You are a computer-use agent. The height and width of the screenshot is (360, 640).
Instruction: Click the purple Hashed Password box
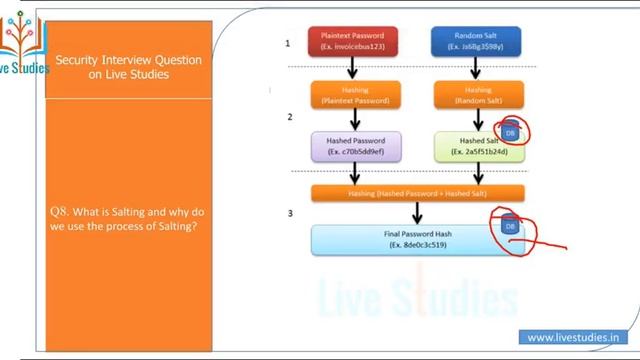pyautogui.click(x=356, y=146)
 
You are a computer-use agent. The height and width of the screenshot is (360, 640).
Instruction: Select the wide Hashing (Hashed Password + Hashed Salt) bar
pyautogui.click(x=417, y=192)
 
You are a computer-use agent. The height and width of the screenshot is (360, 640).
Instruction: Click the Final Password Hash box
pyautogui.click(x=417, y=237)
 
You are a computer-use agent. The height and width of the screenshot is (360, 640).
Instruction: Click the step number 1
pyautogui.click(x=289, y=43)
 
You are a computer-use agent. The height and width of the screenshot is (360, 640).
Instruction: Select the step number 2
pyautogui.click(x=289, y=117)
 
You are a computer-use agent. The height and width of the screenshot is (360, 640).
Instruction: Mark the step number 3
pyautogui.click(x=289, y=213)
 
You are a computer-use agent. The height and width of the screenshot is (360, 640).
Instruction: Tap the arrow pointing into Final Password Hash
pyautogui.click(x=417, y=212)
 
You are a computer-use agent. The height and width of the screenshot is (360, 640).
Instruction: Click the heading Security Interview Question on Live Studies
pyautogui.click(x=128, y=67)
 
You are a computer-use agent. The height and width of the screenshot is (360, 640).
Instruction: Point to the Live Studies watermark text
pyautogui.click(x=417, y=298)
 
